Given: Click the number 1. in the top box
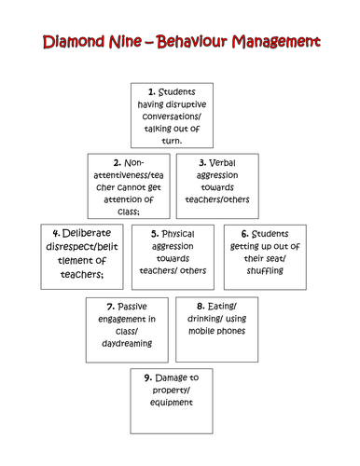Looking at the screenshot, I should pyautogui.click(x=152, y=91).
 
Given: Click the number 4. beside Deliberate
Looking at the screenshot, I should pyautogui.click(x=57, y=233).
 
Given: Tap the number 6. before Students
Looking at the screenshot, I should pyautogui.click(x=245, y=233).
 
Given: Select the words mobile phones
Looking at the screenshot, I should pyautogui.click(x=218, y=331).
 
